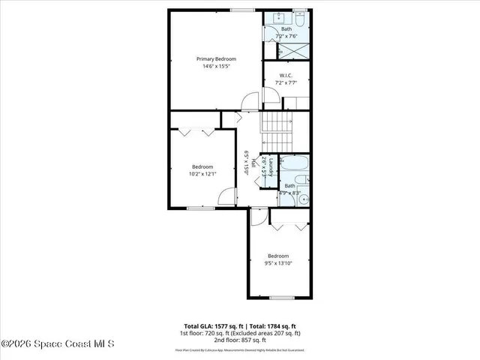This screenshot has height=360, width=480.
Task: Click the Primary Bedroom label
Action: [216, 58]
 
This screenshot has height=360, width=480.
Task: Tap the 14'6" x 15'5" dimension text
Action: [216, 67]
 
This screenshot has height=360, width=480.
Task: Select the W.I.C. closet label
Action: [286, 75]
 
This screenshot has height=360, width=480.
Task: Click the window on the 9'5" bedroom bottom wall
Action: [281, 298]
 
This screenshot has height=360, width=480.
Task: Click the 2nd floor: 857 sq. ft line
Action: [239, 340]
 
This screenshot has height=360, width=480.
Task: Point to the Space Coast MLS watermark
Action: [58, 344]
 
